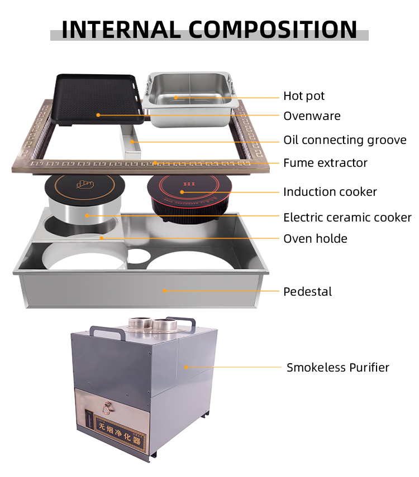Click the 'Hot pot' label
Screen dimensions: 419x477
point(304,96)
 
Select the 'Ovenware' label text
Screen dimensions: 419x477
point(312,116)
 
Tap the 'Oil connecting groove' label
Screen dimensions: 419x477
point(345,140)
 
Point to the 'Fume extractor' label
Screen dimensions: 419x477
point(325,163)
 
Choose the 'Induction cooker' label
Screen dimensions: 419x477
point(330,192)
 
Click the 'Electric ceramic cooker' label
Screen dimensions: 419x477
point(347,218)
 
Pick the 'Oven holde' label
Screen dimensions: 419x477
point(315,239)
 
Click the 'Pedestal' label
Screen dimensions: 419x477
point(307,291)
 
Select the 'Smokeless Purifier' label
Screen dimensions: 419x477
point(337,368)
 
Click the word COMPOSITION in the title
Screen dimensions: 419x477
point(273,30)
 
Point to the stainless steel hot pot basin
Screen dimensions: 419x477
point(191,99)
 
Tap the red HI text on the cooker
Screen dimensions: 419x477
point(189,184)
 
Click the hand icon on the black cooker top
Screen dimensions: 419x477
point(85,184)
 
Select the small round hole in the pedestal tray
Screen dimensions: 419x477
point(139,256)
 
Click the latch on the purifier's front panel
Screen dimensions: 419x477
point(107,408)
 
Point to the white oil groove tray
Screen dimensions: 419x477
point(131,142)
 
